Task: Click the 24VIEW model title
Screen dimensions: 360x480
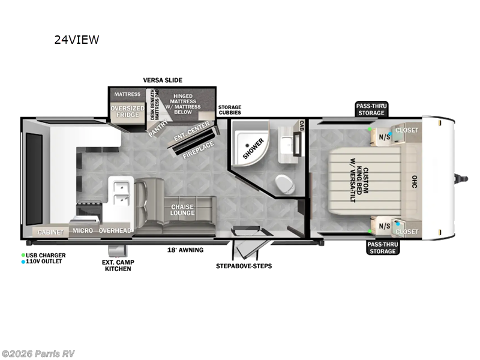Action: point(77,40)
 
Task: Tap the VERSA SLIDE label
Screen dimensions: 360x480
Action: point(163,80)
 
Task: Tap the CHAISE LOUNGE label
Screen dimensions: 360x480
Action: point(182,210)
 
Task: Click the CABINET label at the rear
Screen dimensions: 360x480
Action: point(50,232)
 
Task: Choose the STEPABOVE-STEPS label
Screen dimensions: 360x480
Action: point(244,266)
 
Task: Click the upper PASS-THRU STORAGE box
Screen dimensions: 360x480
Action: point(371,109)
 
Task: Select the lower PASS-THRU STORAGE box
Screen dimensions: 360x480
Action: point(382,248)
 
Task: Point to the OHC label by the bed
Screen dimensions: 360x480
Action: point(414,182)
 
